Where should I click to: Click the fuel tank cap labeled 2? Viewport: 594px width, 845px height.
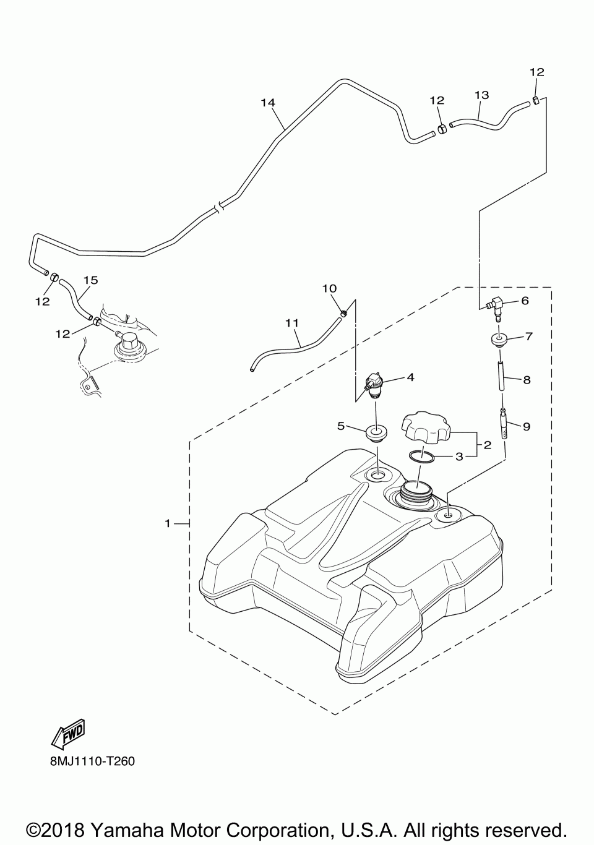pyautogui.click(x=426, y=427)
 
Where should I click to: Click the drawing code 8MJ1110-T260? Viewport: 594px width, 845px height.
pyautogui.click(x=93, y=760)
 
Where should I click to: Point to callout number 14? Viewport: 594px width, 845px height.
pyautogui.click(x=267, y=103)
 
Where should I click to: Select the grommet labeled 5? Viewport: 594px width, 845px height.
pyautogui.click(x=375, y=431)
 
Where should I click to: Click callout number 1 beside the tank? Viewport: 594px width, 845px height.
pyautogui.click(x=167, y=523)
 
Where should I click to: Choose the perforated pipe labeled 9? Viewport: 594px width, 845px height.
pyautogui.click(x=505, y=424)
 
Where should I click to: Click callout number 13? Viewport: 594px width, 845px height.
pyautogui.click(x=481, y=95)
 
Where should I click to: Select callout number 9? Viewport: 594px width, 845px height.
pyautogui.click(x=527, y=426)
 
